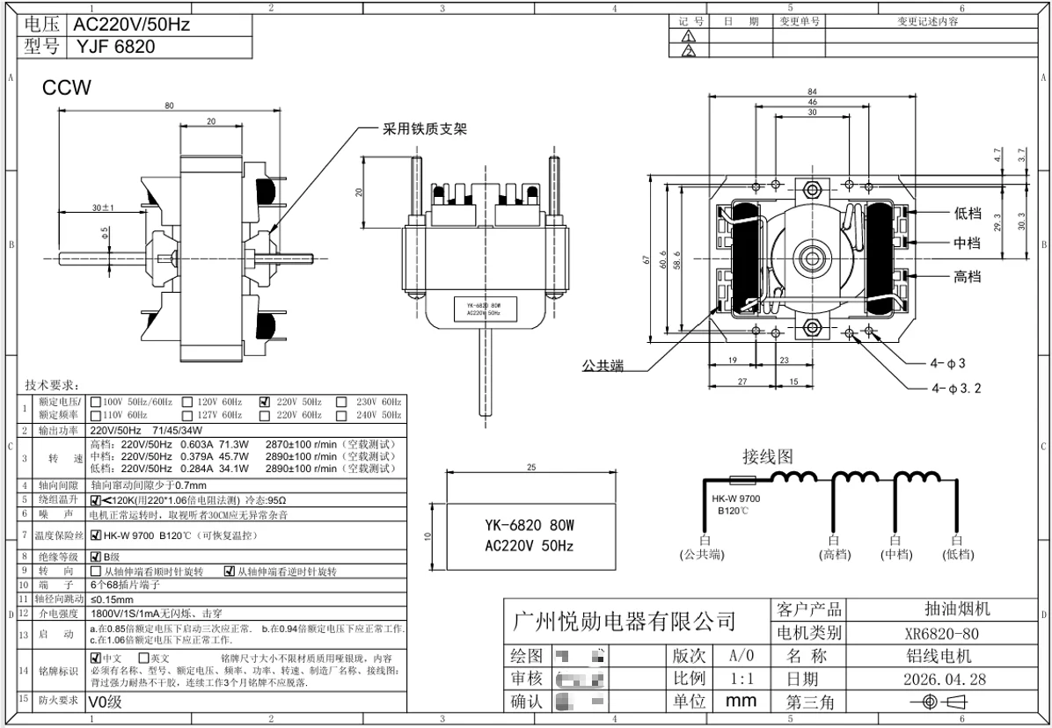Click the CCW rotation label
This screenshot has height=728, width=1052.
click(67, 89)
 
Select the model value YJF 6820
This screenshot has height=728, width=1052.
click(115, 47)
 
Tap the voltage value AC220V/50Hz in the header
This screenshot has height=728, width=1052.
click(132, 25)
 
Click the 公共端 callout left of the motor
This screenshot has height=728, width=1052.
click(603, 366)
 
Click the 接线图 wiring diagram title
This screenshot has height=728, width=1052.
click(768, 456)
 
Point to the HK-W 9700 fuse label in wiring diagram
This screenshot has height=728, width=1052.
click(737, 499)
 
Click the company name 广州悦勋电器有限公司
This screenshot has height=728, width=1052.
click(624, 622)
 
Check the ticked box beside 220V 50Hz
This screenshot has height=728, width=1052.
click(265, 401)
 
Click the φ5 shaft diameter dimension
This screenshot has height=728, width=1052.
click(105, 233)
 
